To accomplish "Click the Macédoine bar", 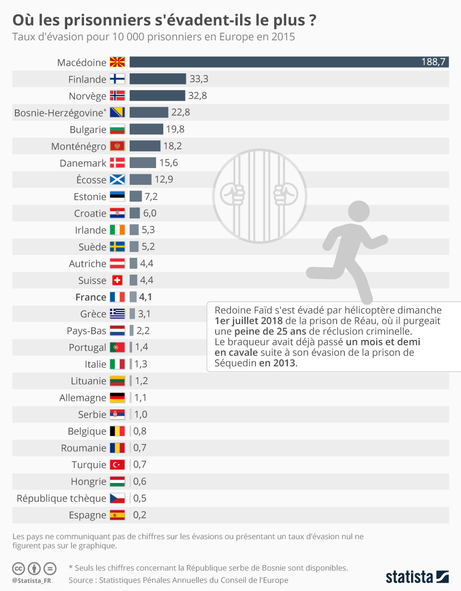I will click(x=288, y=62).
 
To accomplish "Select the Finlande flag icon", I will click(x=117, y=79).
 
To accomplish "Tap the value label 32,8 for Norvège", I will click(x=197, y=96).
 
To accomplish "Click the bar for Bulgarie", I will click(x=146, y=129).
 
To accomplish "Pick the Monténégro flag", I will click(x=117, y=146).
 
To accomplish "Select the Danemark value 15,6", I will click(x=169, y=163).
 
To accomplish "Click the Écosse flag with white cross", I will click(x=117, y=180).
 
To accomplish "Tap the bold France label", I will click(x=91, y=297).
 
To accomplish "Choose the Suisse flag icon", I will click(x=117, y=280).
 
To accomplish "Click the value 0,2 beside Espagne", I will click(x=140, y=515).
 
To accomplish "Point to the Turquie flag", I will click(x=117, y=465).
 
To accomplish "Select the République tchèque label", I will click(x=61, y=498).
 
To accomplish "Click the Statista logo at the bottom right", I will click(x=417, y=576).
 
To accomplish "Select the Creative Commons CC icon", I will click(x=19, y=569).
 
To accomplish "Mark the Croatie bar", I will click(x=134, y=213).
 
